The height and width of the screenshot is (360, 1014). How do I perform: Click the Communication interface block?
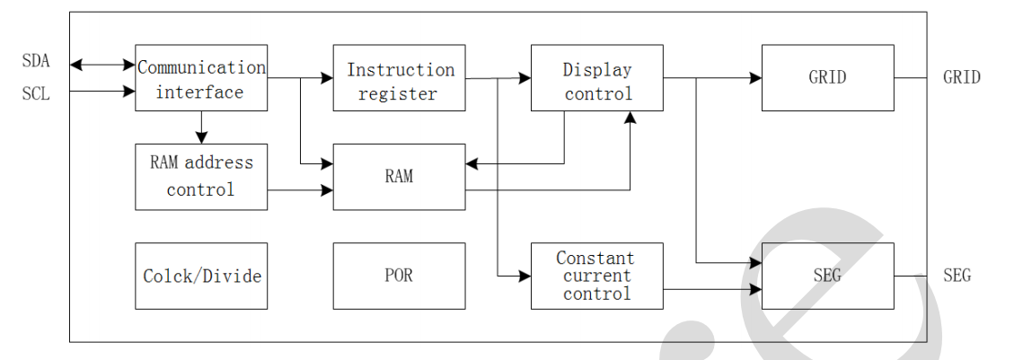pos(201,78)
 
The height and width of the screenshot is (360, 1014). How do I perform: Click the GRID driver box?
pos(827,78)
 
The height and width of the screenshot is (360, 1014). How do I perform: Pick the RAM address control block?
pos(201,177)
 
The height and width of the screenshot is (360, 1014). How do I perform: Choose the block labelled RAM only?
pos(399,177)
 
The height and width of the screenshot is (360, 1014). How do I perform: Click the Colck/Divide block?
pos(201,276)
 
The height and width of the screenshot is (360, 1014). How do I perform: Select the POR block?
pos(399,276)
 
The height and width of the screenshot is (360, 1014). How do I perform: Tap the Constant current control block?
pos(597,276)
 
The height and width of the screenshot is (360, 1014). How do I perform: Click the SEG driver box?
pos(827,276)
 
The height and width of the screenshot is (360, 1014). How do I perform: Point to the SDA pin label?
pos(36,62)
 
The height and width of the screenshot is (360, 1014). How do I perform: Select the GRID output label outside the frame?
pos(962,78)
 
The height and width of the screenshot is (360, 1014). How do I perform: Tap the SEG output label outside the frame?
pos(957,276)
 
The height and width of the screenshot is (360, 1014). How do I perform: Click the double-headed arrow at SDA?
pos(102,65)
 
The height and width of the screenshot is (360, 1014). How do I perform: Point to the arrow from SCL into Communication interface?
pos(102,91)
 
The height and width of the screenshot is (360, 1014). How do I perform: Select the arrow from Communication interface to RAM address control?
pos(201,127)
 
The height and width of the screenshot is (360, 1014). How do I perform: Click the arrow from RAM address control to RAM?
pos(300,189)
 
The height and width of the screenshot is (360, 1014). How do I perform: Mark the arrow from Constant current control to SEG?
pos(712,289)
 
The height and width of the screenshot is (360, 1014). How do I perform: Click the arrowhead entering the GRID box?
pos(755,78)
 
